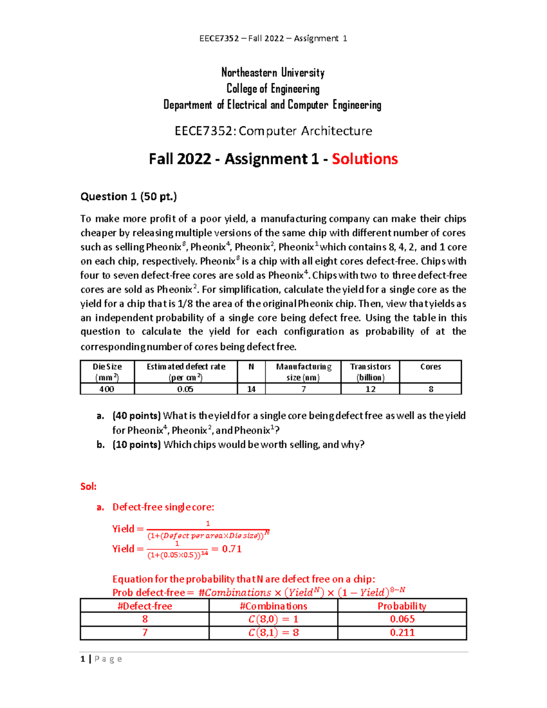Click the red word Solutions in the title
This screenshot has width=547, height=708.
tap(365, 159)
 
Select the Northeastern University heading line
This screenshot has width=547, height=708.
tap(273, 72)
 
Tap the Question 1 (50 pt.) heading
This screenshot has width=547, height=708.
tap(129, 196)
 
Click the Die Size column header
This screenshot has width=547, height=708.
tap(107, 372)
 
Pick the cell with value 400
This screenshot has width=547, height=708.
tap(107, 389)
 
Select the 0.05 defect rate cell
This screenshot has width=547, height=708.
tap(186, 389)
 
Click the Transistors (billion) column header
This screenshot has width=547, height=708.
tap(370, 372)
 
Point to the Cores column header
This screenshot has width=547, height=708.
tap(430, 367)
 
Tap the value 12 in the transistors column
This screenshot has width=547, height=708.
tap(370, 389)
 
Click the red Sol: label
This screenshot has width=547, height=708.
tap(88, 486)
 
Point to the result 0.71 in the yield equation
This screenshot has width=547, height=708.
tap(232, 549)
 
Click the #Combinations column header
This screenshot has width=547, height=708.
tap(273, 606)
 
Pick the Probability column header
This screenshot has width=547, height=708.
tap(402, 606)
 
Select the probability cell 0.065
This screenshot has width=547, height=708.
tap(402, 619)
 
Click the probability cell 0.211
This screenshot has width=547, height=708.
tap(402, 633)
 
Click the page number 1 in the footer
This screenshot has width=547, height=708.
tap(83, 659)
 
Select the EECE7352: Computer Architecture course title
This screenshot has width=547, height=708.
tap(273, 131)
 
